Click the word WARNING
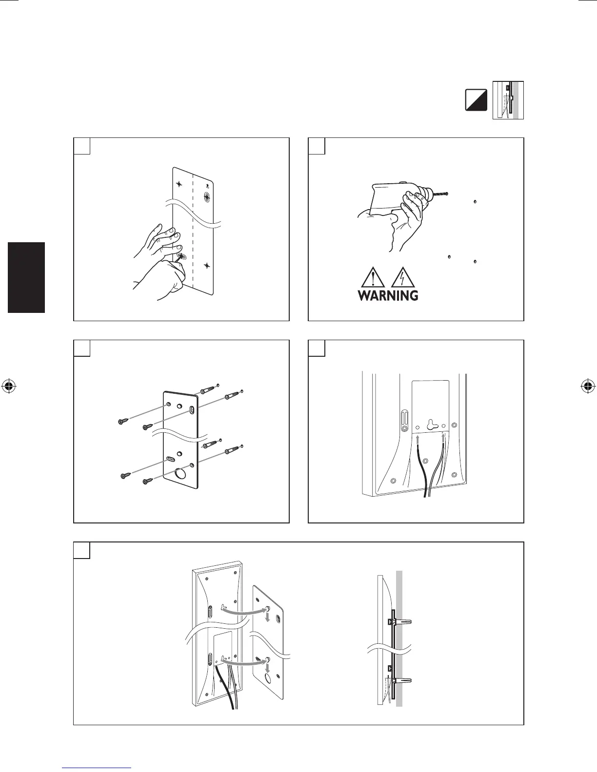pyautogui.click(x=388, y=295)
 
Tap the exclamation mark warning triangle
pyautogui.click(x=372, y=279)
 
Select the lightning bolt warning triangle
pyautogui.click(x=403, y=279)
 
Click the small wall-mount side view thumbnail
pyautogui.click(x=508, y=100)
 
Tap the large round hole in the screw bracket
pyautogui.click(x=180, y=474)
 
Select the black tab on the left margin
pyautogui.click(x=27, y=277)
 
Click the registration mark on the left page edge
pyautogui.click(x=8, y=386)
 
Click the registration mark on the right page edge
pyautogui.click(x=588, y=386)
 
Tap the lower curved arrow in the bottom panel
pyautogui.click(x=246, y=663)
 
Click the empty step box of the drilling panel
pyautogui.click(x=317, y=146)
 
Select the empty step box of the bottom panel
pyautogui.click(x=82, y=550)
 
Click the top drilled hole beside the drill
pyautogui.click(x=475, y=201)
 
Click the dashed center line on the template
pyautogui.click(x=194, y=229)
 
